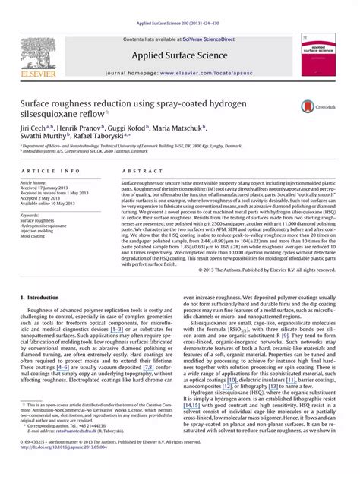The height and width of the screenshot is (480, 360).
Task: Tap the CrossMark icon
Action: tap(311, 108)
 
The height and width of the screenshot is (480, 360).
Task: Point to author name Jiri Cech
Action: tap(33, 130)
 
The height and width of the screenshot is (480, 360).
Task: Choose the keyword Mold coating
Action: tap(36, 236)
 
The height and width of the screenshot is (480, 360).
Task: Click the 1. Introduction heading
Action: tap(43, 298)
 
